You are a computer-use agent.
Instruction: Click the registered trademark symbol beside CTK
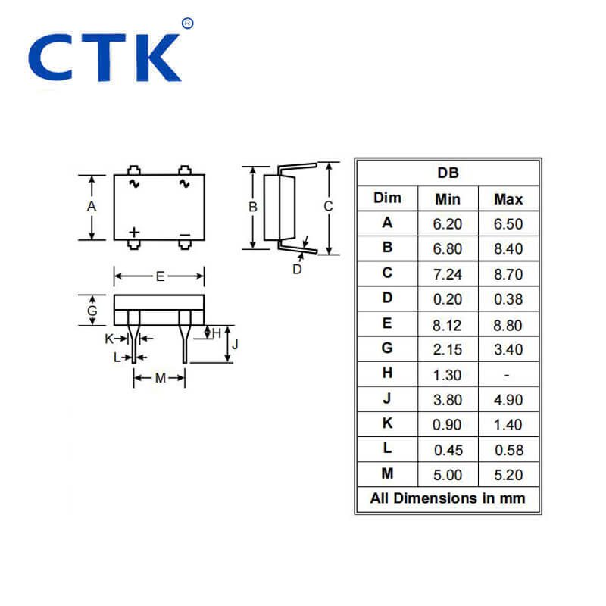pyautogui.click(x=188, y=23)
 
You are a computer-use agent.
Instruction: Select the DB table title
pyautogui.click(x=448, y=173)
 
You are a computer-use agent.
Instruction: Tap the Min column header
pyautogui.click(x=447, y=199)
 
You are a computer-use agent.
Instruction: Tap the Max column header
pyautogui.click(x=508, y=199)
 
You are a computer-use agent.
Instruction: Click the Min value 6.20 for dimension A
pyautogui.click(x=447, y=223)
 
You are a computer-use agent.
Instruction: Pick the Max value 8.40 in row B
pyautogui.click(x=508, y=248)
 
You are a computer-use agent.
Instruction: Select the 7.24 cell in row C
pyautogui.click(x=447, y=273)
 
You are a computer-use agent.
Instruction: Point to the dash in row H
pyautogui.click(x=508, y=374)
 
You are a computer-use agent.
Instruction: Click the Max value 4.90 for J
pyautogui.click(x=508, y=399)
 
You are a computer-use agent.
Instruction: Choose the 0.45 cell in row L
pyautogui.click(x=447, y=450)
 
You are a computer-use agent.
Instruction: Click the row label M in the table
pyautogui.click(x=387, y=473)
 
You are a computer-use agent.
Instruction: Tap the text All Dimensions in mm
pyautogui.click(x=447, y=498)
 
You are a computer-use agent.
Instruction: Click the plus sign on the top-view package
pyautogui.click(x=134, y=232)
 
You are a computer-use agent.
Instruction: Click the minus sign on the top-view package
pyautogui.click(x=184, y=235)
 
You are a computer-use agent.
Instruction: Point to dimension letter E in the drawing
pyautogui.click(x=160, y=276)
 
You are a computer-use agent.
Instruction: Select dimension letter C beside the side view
pyautogui.click(x=327, y=206)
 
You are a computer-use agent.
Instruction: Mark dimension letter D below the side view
pyautogui.click(x=297, y=269)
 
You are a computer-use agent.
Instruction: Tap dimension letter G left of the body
pyautogui.click(x=92, y=311)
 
